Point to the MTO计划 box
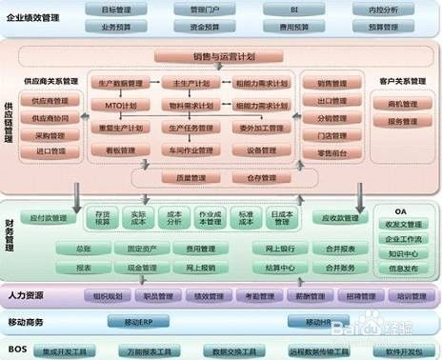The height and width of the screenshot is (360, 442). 121,105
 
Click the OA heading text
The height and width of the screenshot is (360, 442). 401,211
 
